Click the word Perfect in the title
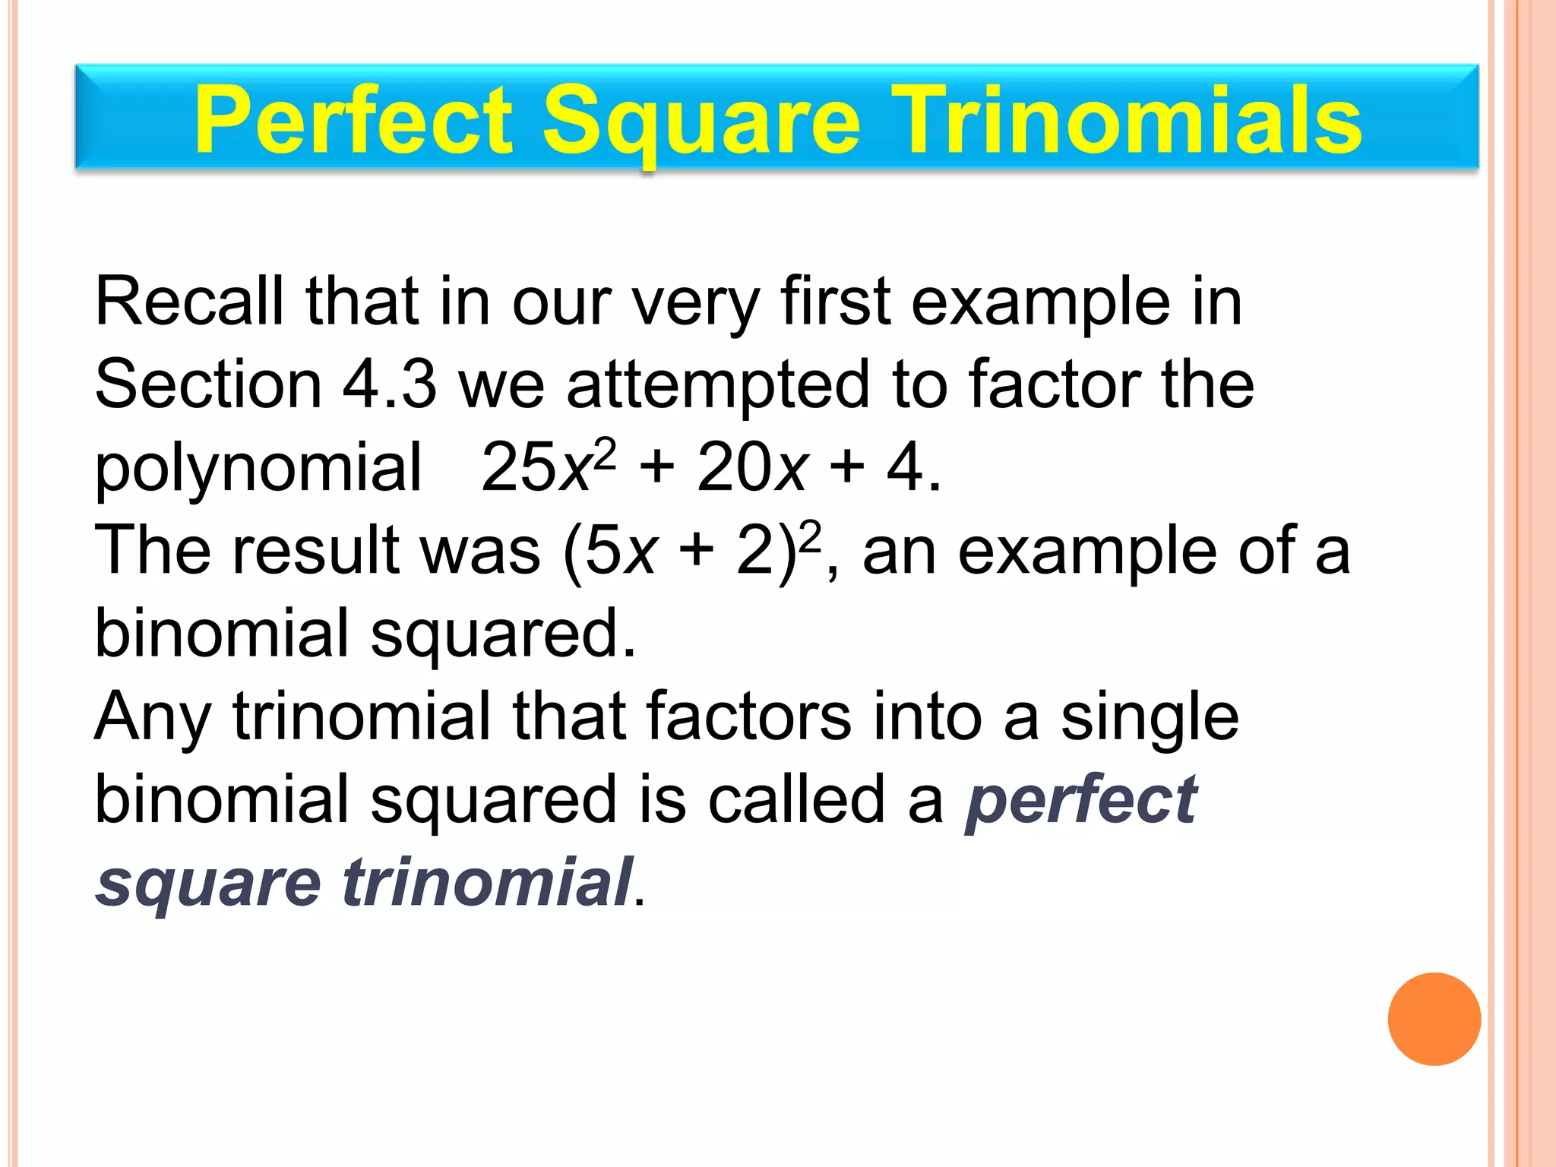353,120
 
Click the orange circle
1434,1019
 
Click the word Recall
188,302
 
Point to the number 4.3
389,384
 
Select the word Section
208,384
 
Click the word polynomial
258,468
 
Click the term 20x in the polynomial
751,468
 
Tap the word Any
152,718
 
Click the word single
1150,718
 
